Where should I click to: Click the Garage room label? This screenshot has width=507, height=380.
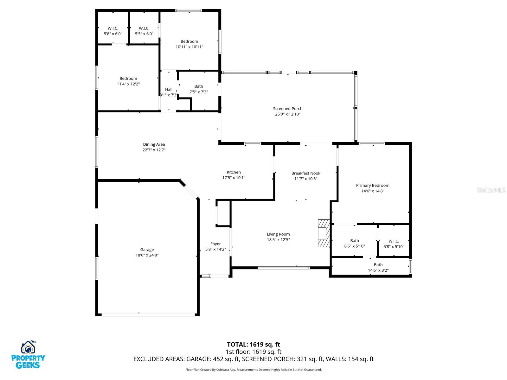coord(147,250)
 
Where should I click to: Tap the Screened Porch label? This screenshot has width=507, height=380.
coord(287,108)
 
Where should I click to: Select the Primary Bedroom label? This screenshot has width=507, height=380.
coord(372,185)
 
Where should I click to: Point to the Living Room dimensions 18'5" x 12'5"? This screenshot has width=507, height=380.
coord(278,239)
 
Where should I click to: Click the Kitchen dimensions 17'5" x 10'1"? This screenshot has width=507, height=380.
coord(234,177)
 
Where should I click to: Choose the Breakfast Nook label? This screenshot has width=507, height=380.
coord(305,173)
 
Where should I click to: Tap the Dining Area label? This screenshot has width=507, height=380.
coord(154,144)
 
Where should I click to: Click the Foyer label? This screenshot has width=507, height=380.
coord(215,244)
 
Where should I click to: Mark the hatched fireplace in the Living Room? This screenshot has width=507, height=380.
coord(324,233)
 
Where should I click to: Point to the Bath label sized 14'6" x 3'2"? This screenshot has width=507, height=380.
coord(378,265)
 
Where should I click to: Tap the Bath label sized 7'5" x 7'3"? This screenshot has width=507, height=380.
coord(198,86)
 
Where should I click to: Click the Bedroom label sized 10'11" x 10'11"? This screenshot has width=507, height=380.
coord(189,41)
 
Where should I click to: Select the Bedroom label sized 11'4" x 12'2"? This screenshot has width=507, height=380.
coord(128,79)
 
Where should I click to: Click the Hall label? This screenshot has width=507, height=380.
coord(168,89)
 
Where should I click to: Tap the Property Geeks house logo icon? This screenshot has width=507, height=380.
coord(28,347)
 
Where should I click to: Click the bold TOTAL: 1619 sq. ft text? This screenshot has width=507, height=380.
coord(253,345)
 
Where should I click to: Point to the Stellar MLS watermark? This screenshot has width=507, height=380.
coord(491,190)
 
